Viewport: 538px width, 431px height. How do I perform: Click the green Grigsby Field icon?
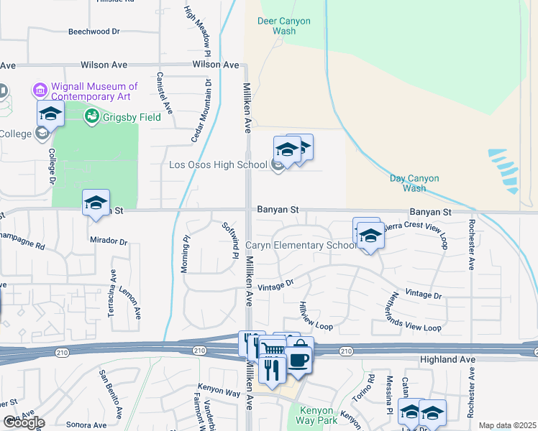pos(92,116)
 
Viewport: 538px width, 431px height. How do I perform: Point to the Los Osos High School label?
pos(217,164)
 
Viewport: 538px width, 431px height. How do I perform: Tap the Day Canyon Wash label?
pos(418,183)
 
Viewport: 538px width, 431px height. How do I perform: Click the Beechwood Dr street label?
pos(94,32)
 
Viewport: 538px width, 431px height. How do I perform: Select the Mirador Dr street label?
pos(109,241)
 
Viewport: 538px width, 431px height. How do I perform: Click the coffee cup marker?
pos(298,360)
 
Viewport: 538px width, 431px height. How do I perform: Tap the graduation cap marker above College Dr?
pos(50,113)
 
